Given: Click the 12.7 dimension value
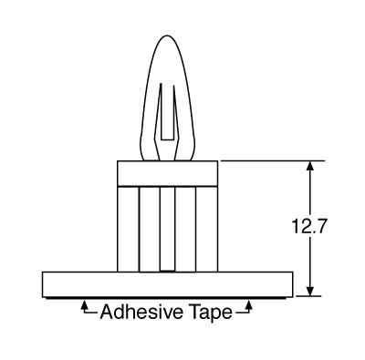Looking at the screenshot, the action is tap(309, 226).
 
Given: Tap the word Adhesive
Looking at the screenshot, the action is tap(141, 312).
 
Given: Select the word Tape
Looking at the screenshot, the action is tap(211, 313).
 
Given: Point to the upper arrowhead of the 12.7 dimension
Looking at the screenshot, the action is tap(310, 167).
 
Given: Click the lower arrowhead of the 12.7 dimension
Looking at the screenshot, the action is tap(310, 290).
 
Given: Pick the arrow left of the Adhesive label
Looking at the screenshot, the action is tap(89, 307).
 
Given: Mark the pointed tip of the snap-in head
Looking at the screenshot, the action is tap(166, 36).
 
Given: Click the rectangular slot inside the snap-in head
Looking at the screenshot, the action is tap(168, 112).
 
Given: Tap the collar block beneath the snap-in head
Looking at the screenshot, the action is tap(168, 173).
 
